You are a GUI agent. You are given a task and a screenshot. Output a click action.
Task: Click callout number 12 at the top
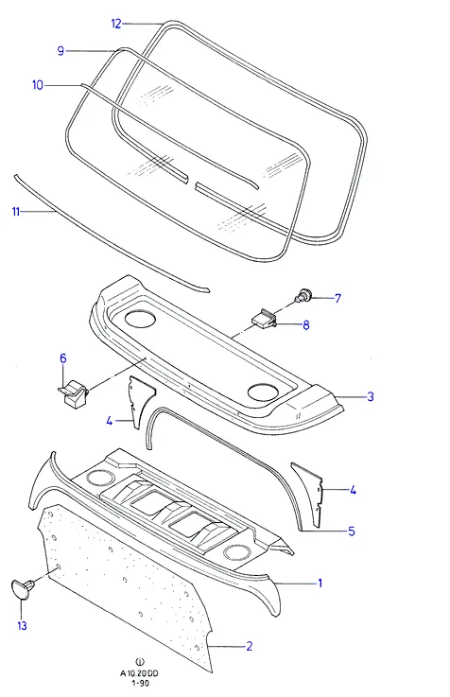click(x=116, y=24)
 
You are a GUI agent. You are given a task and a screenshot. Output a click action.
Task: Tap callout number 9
click(x=61, y=51)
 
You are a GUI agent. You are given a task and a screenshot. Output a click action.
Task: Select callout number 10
click(x=38, y=85)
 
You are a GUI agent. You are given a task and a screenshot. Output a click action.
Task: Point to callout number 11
click(x=16, y=212)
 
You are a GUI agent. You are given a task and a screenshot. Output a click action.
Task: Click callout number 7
click(x=337, y=298)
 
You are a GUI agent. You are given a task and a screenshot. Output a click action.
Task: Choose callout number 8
click(x=306, y=325)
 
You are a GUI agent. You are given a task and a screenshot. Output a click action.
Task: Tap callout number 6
click(x=63, y=358)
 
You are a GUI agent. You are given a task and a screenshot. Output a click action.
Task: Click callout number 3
click(x=371, y=396)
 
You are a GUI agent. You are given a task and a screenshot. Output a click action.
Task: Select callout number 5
click(x=352, y=531)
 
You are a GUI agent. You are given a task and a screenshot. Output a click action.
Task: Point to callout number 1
click(x=320, y=583)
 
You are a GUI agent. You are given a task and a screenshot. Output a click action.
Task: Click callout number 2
click(x=250, y=646)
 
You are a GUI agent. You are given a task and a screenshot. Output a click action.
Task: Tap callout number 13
click(x=22, y=626)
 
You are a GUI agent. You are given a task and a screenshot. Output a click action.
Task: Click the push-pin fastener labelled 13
click(x=22, y=586)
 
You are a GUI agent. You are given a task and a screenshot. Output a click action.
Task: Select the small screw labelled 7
click(x=303, y=294)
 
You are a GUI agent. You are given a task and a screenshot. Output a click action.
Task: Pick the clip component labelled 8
click(x=266, y=319)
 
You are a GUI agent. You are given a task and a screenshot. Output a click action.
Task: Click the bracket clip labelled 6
click(x=74, y=392)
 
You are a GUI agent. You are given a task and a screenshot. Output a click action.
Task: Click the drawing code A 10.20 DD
click(x=139, y=673)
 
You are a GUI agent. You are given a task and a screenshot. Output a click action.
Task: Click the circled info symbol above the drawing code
click(x=140, y=663)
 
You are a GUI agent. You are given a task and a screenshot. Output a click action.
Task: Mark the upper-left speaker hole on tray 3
click(x=140, y=319)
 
